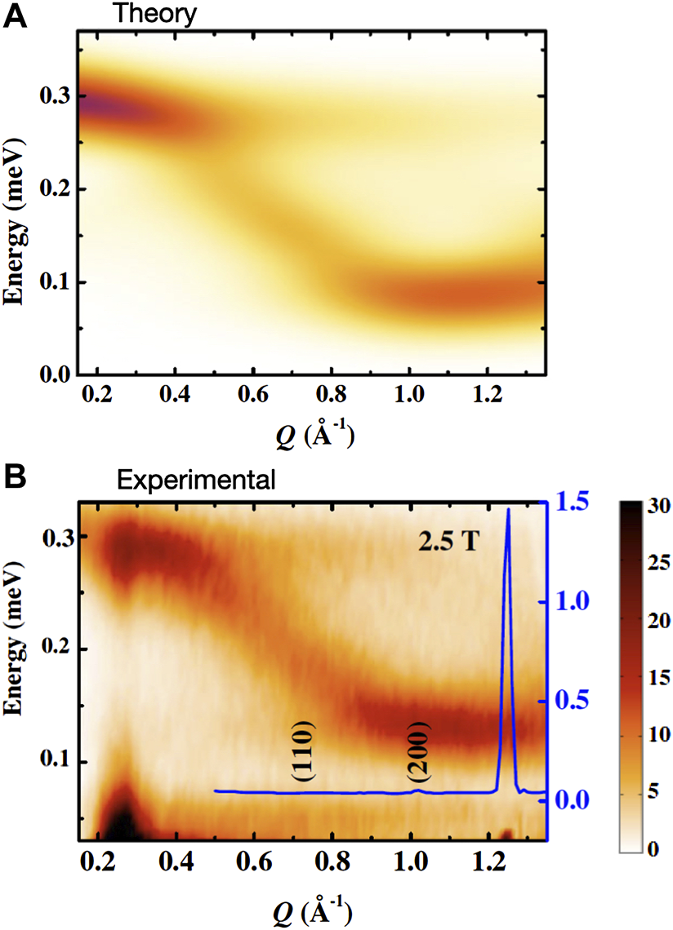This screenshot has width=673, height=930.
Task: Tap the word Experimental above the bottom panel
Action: coord(196,480)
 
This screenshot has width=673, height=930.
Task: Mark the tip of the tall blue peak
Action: coord(509,510)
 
